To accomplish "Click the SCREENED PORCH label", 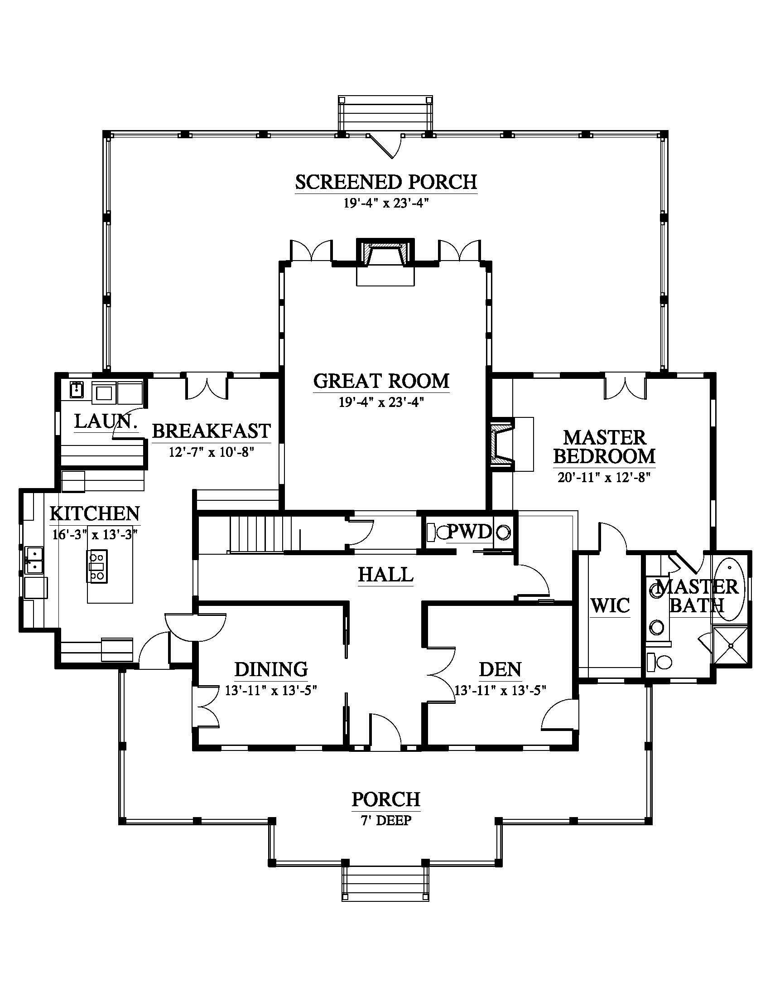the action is point(386,182).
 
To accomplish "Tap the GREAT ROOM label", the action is point(381,381).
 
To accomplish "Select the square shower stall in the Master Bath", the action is point(730,646).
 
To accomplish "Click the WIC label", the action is point(611,606).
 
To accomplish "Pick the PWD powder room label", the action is point(469,532).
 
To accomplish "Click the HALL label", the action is point(385,574).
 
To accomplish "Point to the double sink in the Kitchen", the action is point(34,560).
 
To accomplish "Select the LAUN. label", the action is point(106,422).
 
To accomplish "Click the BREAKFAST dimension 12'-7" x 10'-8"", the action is point(211,452).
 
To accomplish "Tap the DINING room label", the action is point(271,669).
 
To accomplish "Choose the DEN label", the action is point(500,669).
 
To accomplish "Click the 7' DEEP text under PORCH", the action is point(386,820).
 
